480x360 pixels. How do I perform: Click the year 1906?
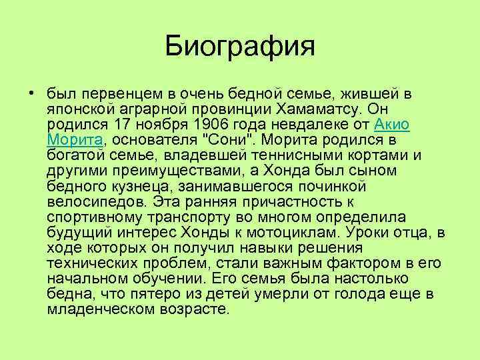click(x=204, y=124)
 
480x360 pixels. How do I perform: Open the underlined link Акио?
click(x=392, y=124)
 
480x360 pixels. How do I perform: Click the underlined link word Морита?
click(x=73, y=139)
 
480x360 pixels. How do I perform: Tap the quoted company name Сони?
click(x=217, y=139)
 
